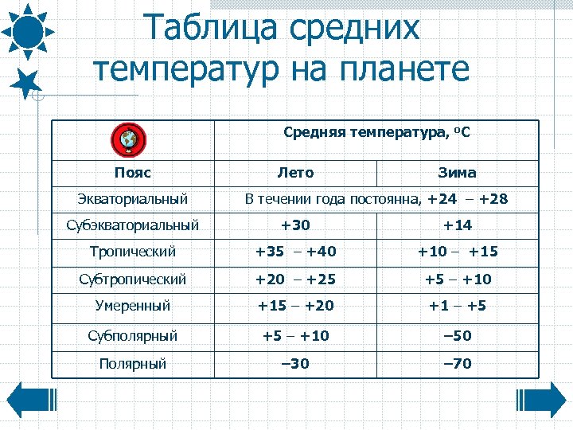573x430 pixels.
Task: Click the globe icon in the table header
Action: click(x=127, y=139)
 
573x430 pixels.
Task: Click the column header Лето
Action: click(x=295, y=173)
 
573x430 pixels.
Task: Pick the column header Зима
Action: click(x=457, y=173)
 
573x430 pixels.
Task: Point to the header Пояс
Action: click(x=132, y=173)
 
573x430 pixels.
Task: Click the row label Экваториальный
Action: click(x=132, y=198)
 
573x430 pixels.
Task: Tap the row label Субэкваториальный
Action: click(x=132, y=225)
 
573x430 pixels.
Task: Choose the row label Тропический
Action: click(x=132, y=252)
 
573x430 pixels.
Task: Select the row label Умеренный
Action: click(x=132, y=305)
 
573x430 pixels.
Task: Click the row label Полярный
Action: click(x=132, y=364)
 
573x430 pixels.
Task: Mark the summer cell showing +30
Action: click(x=295, y=225)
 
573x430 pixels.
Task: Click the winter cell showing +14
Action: click(x=457, y=225)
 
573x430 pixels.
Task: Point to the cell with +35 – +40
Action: click(x=295, y=252)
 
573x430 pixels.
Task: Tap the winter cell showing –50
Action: click(x=457, y=335)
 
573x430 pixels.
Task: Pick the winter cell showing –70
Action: click(x=457, y=364)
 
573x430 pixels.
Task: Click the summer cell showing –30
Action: click(x=295, y=364)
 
